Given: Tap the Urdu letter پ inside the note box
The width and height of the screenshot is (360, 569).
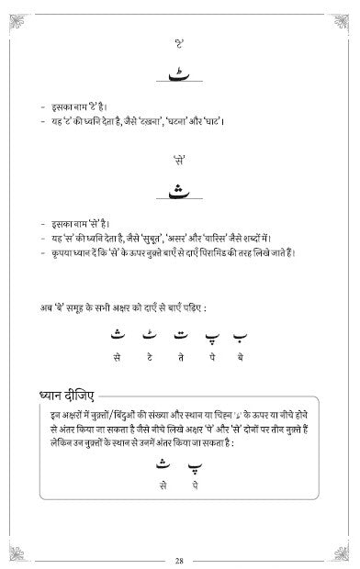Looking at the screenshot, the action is click(x=195, y=464).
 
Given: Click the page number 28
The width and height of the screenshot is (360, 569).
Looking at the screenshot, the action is click(x=180, y=559).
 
